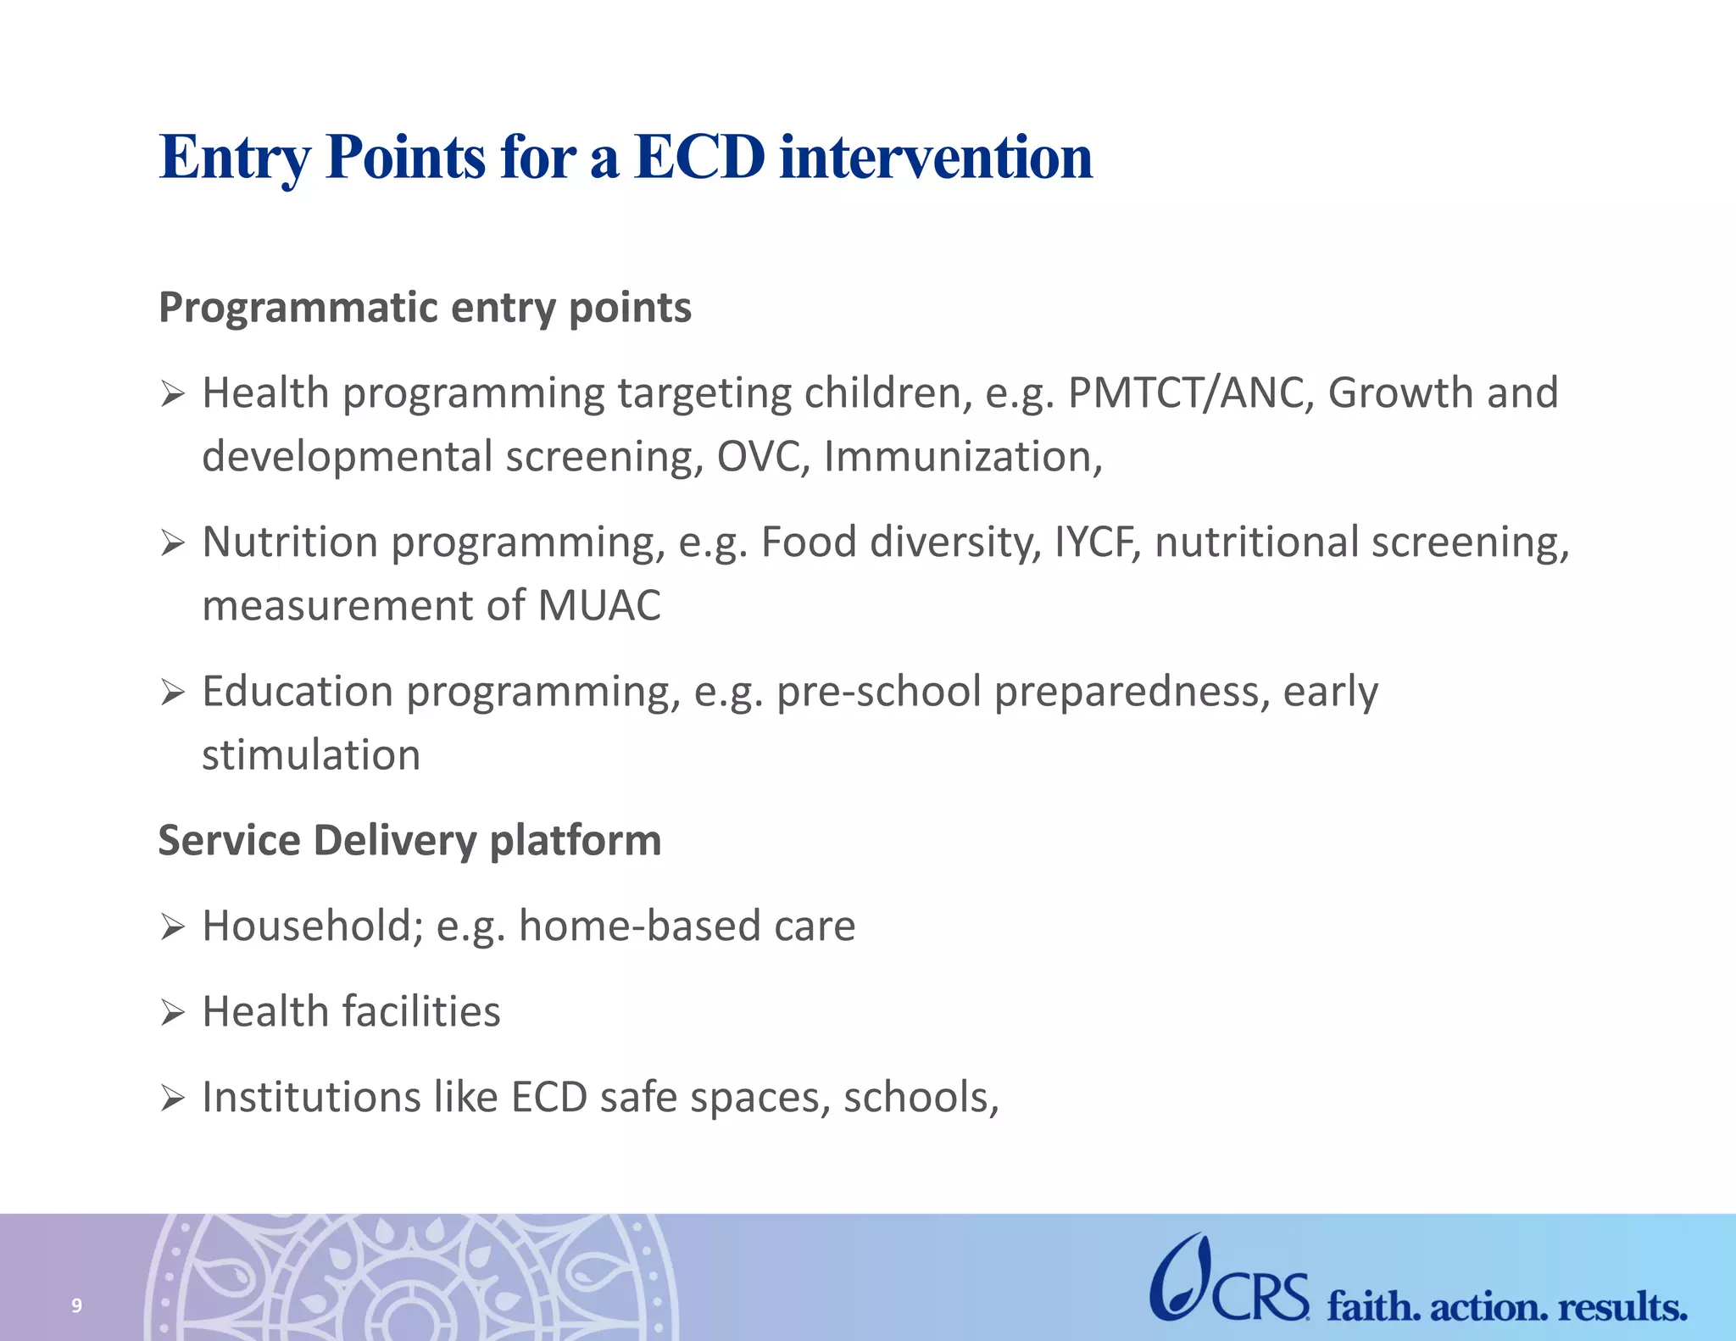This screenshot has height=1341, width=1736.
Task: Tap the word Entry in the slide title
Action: (x=235, y=159)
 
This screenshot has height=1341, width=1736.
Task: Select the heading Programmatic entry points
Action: (x=425, y=308)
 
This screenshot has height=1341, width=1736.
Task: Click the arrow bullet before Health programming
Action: (x=173, y=394)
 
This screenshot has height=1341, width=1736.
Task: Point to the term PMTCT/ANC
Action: (x=1190, y=393)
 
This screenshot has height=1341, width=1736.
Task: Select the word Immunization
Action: (x=962, y=457)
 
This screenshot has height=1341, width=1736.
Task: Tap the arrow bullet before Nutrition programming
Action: (x=173, y=543)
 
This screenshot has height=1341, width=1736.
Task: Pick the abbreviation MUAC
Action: (x=598, y=606)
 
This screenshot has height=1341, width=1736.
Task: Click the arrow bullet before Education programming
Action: (x=173, y=693)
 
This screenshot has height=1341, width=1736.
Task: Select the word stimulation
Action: (x=311, y=755)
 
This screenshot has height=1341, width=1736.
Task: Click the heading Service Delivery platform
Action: (x=409, y=841)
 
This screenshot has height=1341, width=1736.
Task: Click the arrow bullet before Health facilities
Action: (x=173, y=1012)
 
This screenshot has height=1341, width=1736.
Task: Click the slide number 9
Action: (x=76, y=1305)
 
